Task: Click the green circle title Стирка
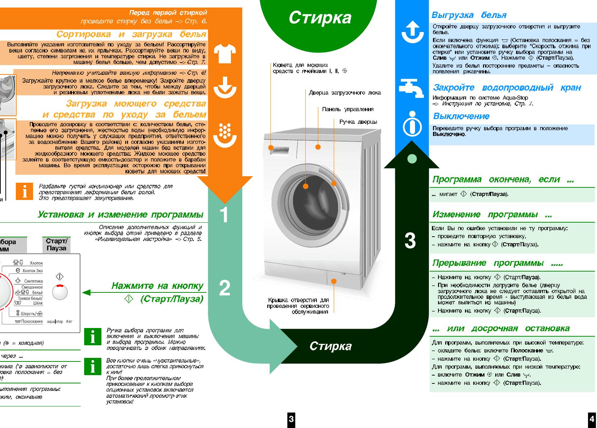click(x=320, y=18)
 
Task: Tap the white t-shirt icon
click(x=225, y=53)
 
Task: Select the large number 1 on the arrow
click(x=224, y=215)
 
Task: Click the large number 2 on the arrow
click(x=224, y=288)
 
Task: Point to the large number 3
click(x=410, y=241)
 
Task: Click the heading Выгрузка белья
click(x=469, y=15)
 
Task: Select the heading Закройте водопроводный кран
click(x=507, y=87)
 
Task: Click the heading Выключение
click(x=461, y=116)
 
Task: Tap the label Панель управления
click(x=347, y=109)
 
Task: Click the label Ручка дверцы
click(x=358, y=122)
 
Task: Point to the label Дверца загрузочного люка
click(x=345, y=93)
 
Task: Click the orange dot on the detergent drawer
click(x=270, y=148)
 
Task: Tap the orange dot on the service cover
click(x=334, y=281)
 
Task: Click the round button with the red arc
click(x=60, y=292)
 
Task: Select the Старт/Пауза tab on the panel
click(x=56, y=245)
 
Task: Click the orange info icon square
click(x=24, y=191)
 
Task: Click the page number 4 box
click(x=592, y=419)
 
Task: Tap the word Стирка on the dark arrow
click(x=331, y=346)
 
